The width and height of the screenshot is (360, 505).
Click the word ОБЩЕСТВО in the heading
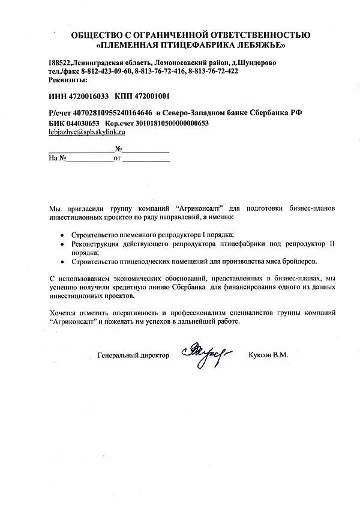[96, 35]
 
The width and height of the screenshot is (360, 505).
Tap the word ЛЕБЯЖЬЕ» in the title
[265, 45]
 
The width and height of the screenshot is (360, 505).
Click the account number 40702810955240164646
[112, 112]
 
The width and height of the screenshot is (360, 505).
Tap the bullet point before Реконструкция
[64, 245]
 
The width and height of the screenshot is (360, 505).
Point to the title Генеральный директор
[133, 355]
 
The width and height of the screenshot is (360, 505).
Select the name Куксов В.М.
[268, 355]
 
